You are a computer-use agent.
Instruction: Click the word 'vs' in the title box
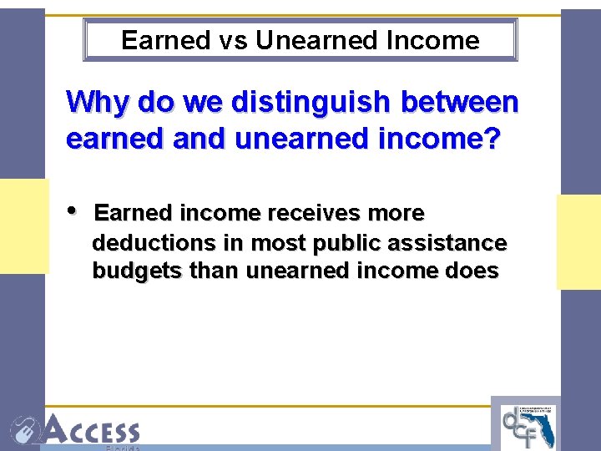point(235,40)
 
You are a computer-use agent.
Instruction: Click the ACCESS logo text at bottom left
point(92,430)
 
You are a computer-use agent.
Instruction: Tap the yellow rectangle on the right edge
point(578,242)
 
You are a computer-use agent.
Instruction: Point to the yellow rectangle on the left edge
point(24,225)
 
